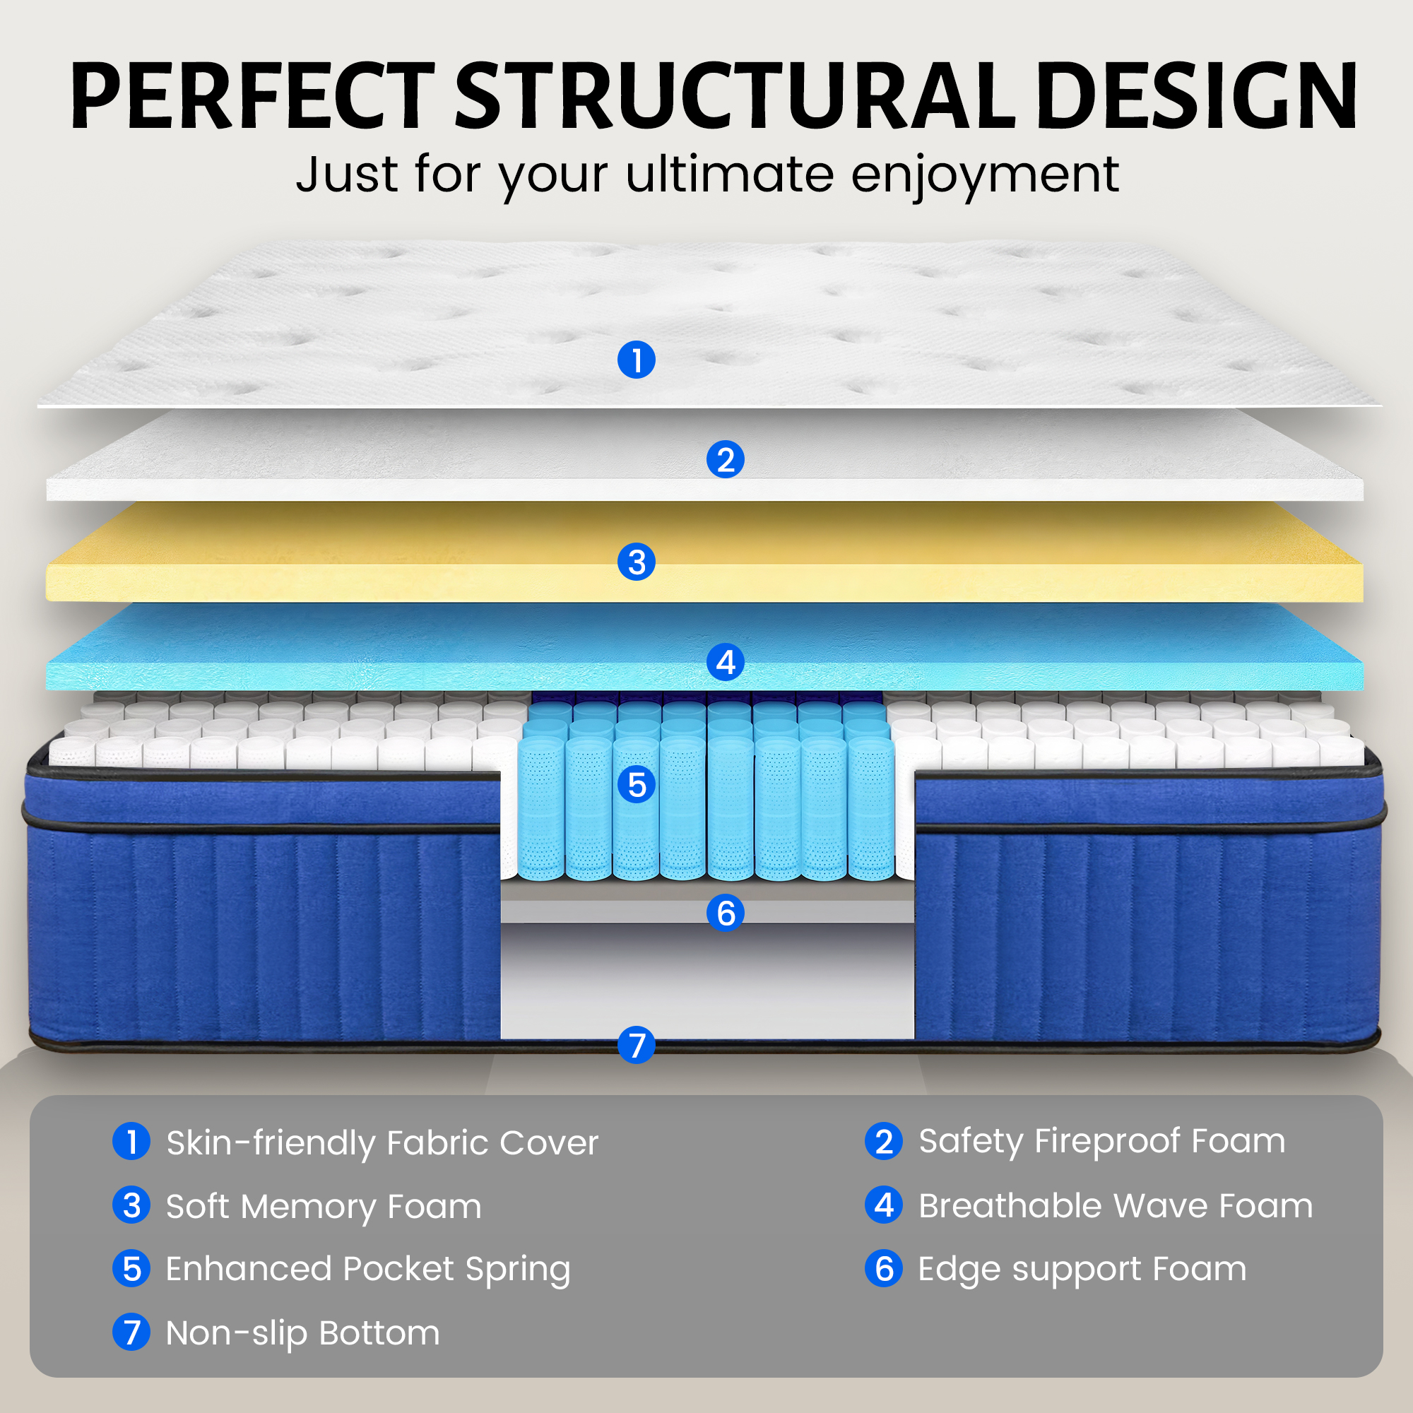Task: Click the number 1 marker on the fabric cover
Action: (x=637, y=360)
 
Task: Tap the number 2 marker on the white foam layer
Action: (x=726, y=460)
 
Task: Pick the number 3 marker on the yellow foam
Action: (x=637, y=562)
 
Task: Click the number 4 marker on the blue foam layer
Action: (x=726, y=662)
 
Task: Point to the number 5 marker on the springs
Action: (x=637, y=784)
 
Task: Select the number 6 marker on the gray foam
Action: (x=726, y=913)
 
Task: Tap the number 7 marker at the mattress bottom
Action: (x=637, y=1044)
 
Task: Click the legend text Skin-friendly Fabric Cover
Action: (x=382, y=1143)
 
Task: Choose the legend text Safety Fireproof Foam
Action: (x=1101, y=1142)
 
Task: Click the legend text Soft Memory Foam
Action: (x=324, y=1207)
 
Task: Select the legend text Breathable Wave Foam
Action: (x=1116, y=1206)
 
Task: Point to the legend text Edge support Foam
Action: (x=1082, y=1270)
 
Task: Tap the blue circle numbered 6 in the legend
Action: (x=884, y=1269)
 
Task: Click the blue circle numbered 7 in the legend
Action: (x=131, y=1332)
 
